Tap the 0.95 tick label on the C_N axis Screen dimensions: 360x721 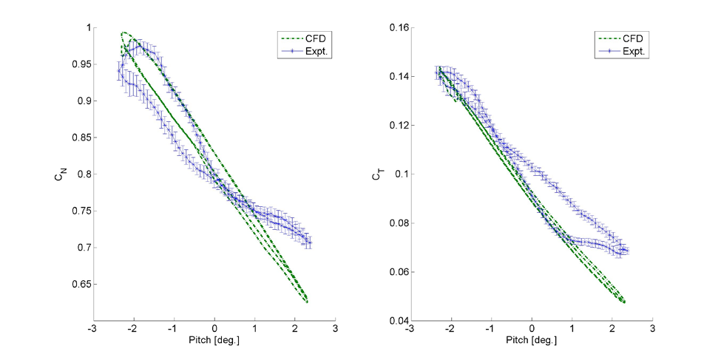[76, 65]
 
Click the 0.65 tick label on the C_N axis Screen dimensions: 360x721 [76, 285]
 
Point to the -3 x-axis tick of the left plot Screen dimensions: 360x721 [92, 329]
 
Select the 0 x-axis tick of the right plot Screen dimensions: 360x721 [532, 329]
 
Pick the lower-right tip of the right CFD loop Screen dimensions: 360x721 [625, 302]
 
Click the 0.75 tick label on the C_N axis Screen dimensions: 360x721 [76, 211]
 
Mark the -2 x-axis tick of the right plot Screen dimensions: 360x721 [450, 329]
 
